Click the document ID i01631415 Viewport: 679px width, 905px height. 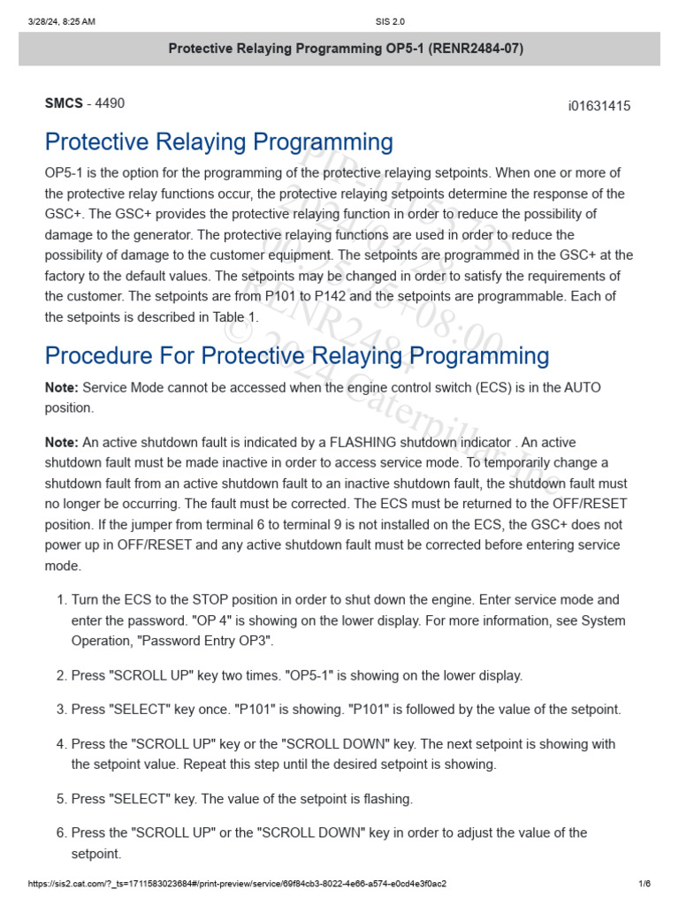[599, 107]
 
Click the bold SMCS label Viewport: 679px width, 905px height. [64, 103]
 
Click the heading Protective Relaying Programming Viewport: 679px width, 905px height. [218, 142]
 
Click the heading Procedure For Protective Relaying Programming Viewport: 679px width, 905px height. [296, 356]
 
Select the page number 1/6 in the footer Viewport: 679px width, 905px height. [644, 884]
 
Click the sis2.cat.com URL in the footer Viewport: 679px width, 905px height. [237, 884]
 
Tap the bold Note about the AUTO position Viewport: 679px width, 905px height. [62, 388]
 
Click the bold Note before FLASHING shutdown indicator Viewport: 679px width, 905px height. [62, 442]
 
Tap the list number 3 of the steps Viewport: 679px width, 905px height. [61, 710]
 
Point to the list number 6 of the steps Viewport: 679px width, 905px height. [61, 833]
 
